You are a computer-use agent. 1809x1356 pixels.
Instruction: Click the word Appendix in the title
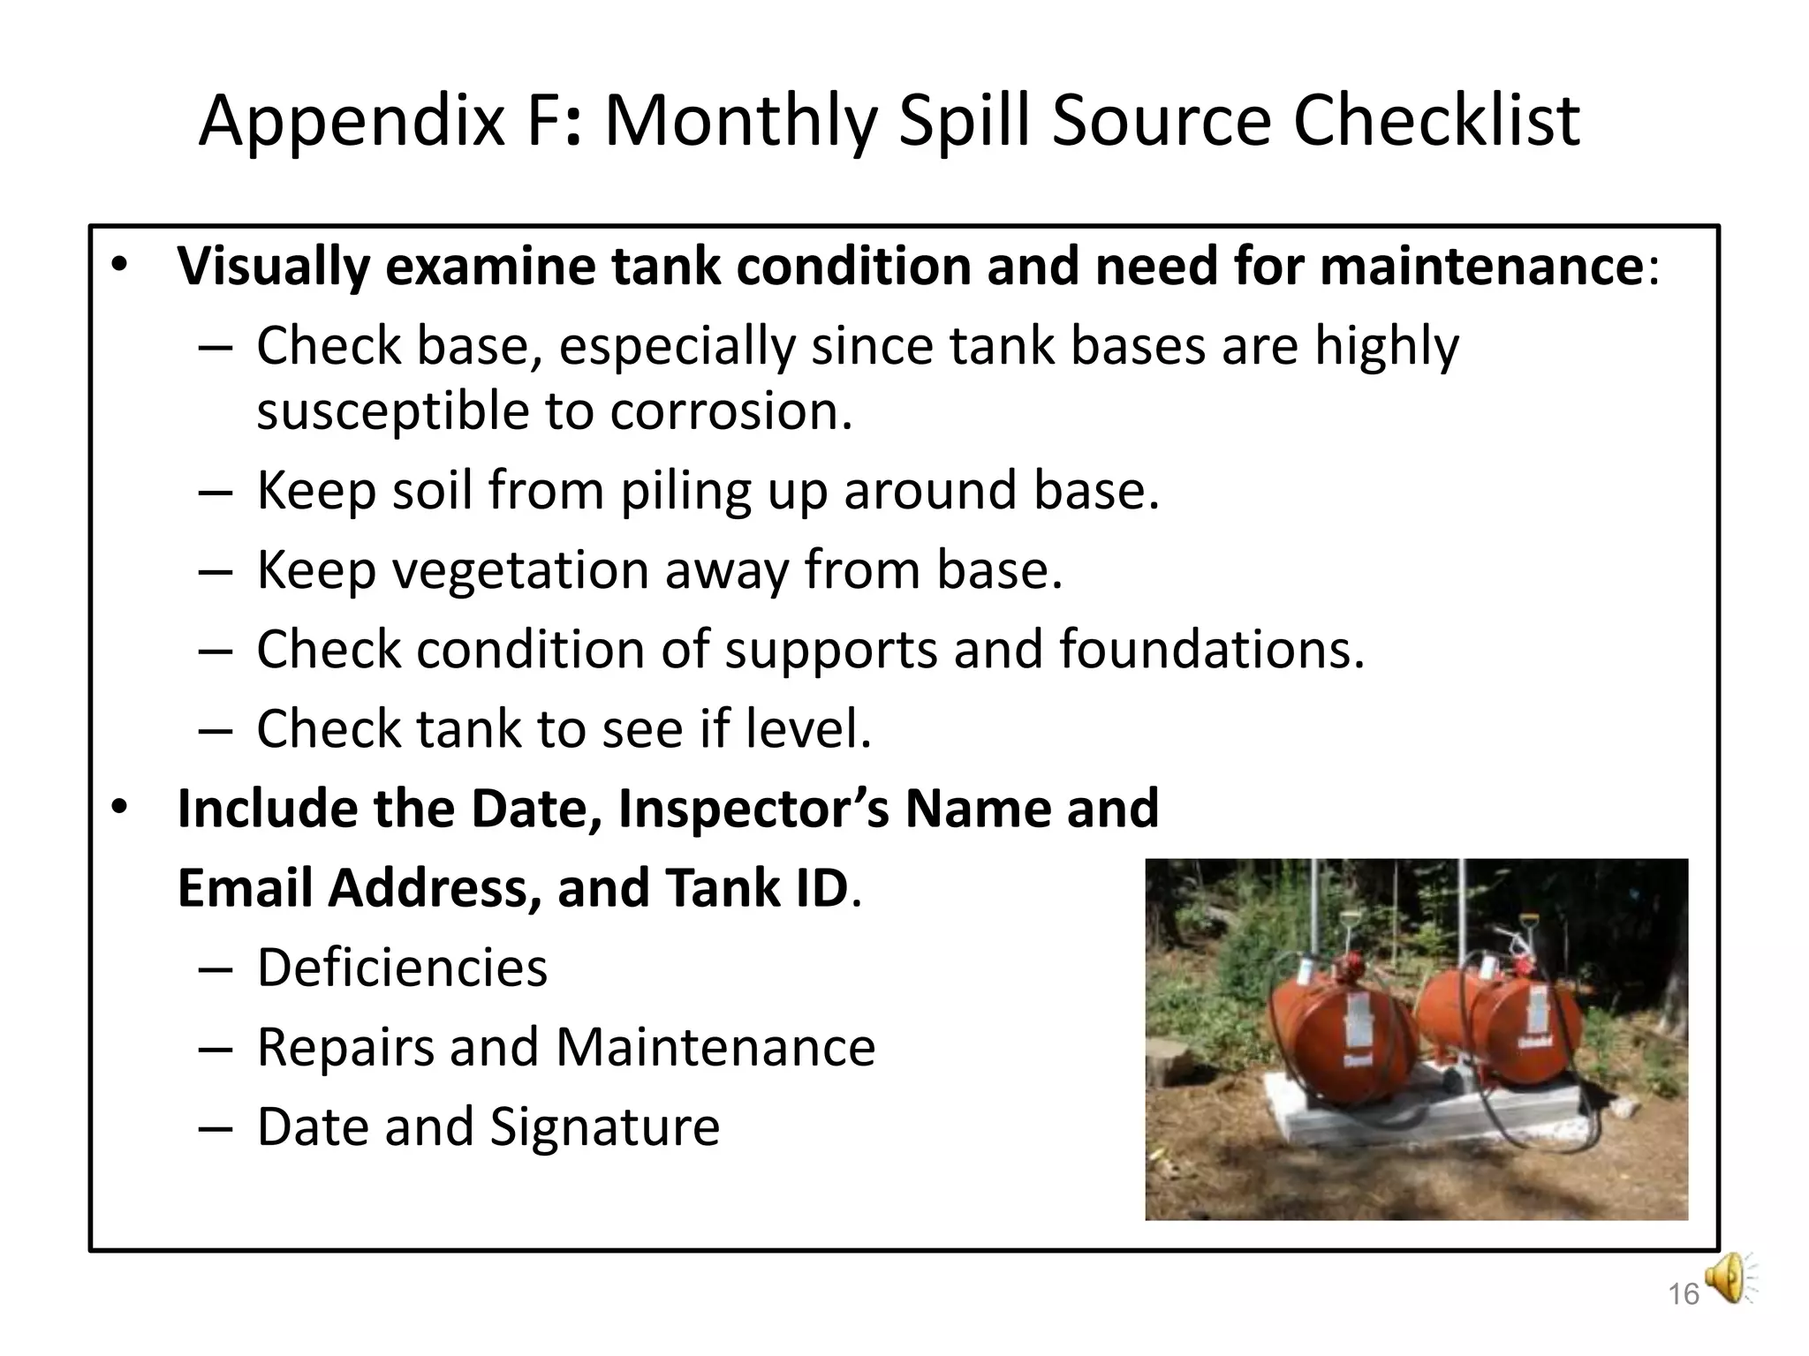point(352,122)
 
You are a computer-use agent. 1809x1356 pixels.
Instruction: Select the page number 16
point(1683,1294)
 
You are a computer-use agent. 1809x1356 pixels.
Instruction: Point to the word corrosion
point(730,411)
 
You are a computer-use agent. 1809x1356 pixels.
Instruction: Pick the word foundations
point(1211,650)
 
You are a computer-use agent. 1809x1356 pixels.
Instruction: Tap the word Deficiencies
point(402,968)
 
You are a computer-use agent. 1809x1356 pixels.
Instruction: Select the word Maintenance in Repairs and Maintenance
point(715,1048)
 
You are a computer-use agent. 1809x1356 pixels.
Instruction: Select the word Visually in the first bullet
point(272,266)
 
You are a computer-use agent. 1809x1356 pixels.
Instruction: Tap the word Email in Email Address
point(245,888)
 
